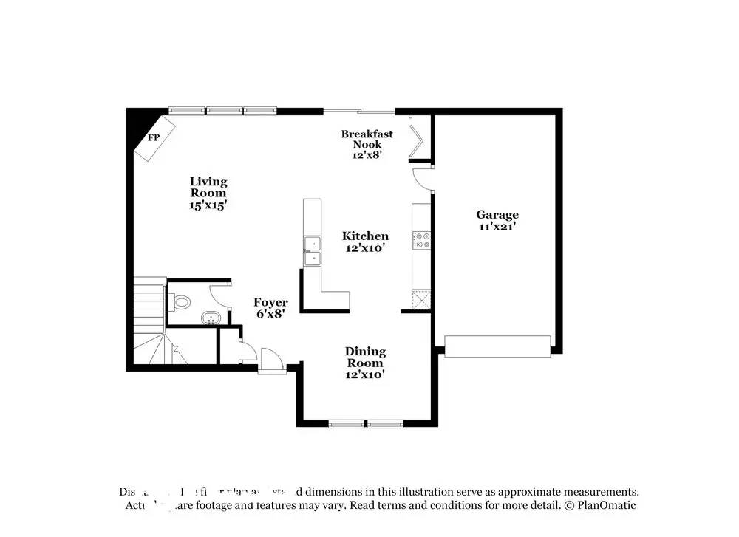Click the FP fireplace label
(x=154, y=137)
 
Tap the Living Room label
(x=208, y=182)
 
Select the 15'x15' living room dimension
(x=208, y=205)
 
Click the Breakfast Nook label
(x=367, y=139)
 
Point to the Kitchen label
(x=365, y=236)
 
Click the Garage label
(x=497, y=215)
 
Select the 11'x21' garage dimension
(x=497, y=227)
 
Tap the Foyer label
(x=270, y=303)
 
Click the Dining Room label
(x=365, y=358)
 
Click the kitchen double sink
(x=312, y=250)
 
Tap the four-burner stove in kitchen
(x=423, y=240)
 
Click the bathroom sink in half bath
(x=211, y=318)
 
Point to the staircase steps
(x=150, y=310)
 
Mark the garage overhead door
(x=497, y=346)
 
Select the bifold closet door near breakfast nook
(x=418, y=142)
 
